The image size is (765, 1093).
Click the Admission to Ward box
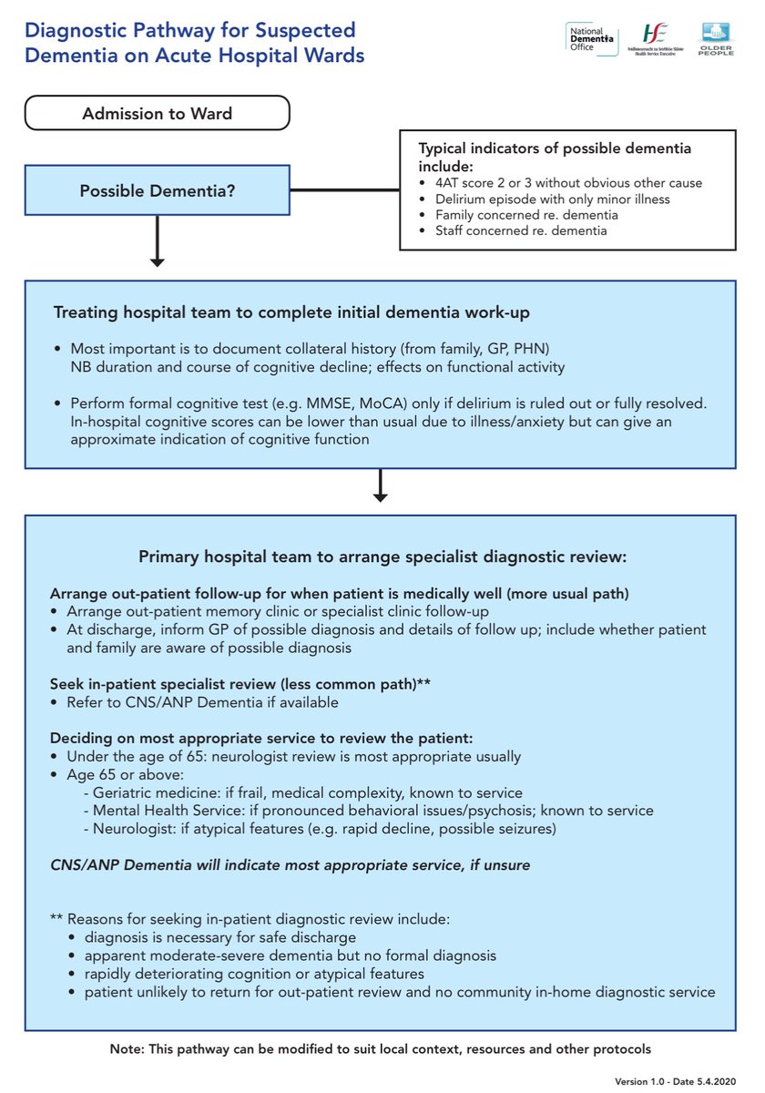pyautogui.click(x=157, y=114)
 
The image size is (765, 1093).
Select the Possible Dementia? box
pyautogui.click(x=157, y=191)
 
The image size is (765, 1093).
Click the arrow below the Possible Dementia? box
pyautogui.click(x=157, y=241)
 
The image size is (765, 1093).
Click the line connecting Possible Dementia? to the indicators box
pyautogui.click(x=344, y=191)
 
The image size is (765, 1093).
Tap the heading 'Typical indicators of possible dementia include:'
pyautogui.click(x=554, y=157)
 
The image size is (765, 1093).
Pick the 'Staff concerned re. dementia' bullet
pyautogui.click(x=521, y=230)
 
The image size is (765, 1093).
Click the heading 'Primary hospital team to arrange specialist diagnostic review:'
pyautogui.click(x=382, y=556)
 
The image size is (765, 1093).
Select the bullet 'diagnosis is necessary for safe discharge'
pyautogui.click(x=219, y=937)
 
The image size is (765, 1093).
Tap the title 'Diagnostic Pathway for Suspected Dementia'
pyautogui.click(x=194, y=42)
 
